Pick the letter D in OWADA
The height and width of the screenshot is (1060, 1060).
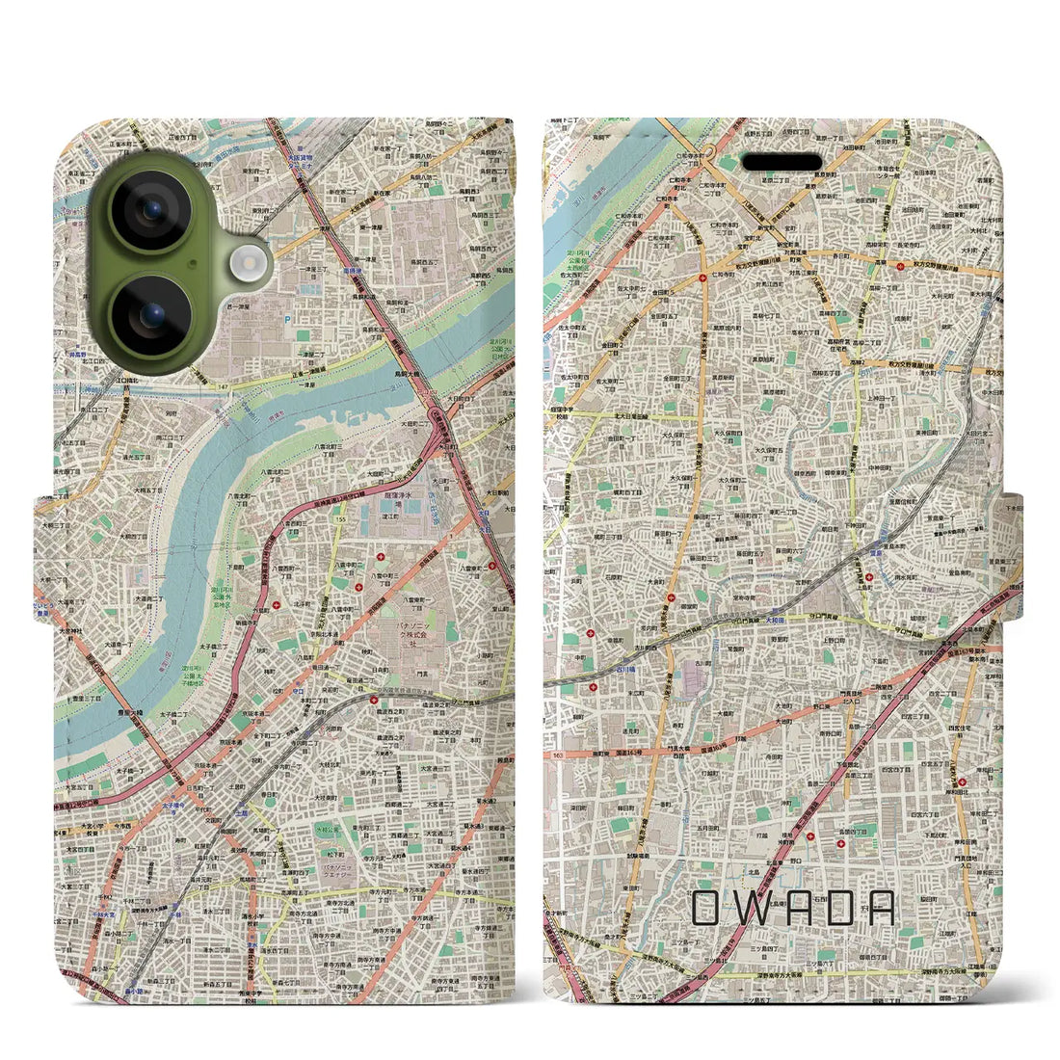click(836, 908)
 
